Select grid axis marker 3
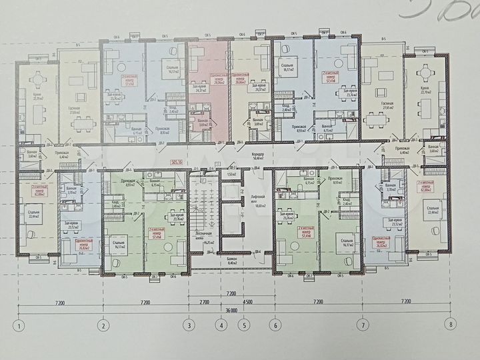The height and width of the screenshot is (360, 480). click(x=189, y=326)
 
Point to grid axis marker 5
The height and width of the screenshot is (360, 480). click(x=245, y=326)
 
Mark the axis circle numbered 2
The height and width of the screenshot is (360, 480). click(x=103, y=326)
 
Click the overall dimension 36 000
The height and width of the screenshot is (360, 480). click(x=231, y=311)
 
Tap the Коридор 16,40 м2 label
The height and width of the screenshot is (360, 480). click(x=258, y=157)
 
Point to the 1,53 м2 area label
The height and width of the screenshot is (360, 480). click(x=232, y=174)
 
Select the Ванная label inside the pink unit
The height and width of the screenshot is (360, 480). click(x=202, y=122)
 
